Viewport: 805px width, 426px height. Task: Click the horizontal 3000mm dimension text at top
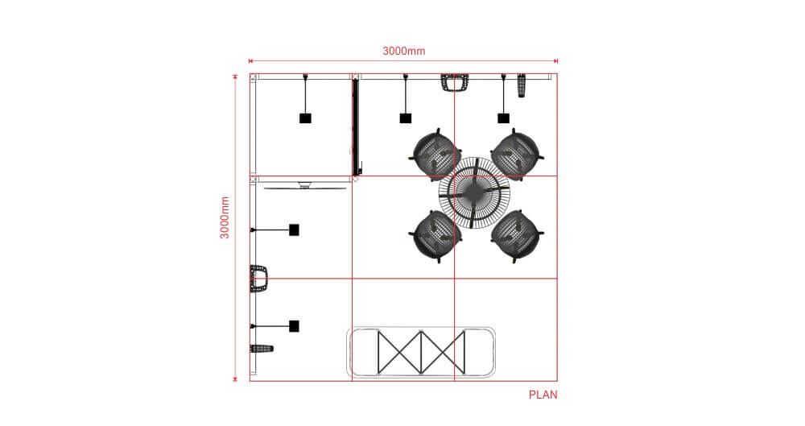(403, 51)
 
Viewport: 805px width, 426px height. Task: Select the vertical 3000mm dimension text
(226, 217)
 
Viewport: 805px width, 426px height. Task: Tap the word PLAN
(543, 395)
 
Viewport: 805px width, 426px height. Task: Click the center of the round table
(475, 193)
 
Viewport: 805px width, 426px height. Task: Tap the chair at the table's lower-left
(436, 234)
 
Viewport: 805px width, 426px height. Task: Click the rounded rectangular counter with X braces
(420, 352)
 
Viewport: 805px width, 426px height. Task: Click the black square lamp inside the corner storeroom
(305, 118)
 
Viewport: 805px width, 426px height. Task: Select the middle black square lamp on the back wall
(406, 118)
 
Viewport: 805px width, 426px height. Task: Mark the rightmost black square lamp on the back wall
(504, 118)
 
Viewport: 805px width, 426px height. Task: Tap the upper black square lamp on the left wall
(295, 230)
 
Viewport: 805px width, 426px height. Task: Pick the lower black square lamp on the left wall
(295, 326)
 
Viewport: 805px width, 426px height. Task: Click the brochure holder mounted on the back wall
(455, 82)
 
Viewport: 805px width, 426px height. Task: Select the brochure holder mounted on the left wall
(258, 278)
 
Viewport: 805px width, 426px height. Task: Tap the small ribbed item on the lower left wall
(262, 349)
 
